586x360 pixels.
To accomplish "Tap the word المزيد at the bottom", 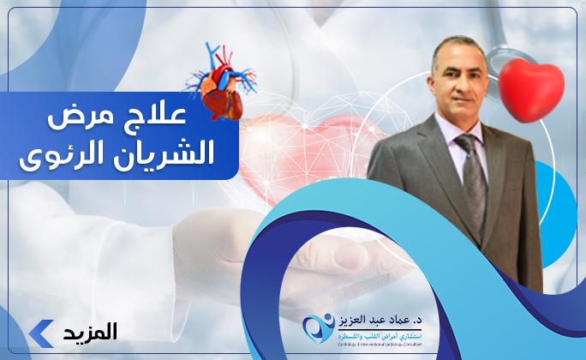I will [x=89, y=331].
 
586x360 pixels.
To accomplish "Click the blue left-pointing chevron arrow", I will [x=39, y=331].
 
